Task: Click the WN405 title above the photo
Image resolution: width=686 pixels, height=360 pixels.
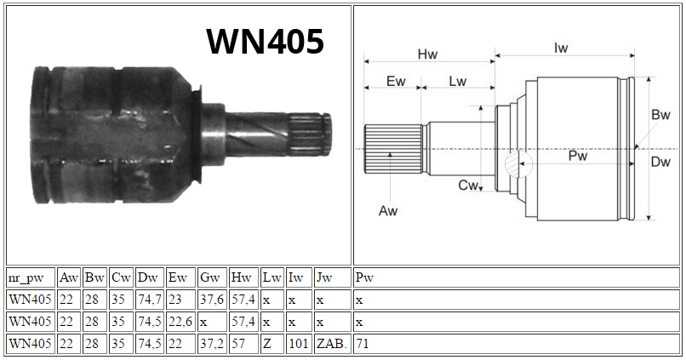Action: [266, 42]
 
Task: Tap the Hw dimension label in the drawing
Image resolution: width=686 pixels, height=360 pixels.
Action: [427, 54]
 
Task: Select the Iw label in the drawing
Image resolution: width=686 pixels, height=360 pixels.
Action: [561, 49]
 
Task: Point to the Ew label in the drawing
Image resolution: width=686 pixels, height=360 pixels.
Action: [396, 82]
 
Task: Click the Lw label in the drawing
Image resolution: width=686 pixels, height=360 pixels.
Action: [458, 82]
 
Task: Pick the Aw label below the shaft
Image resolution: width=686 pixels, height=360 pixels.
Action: [388, 211]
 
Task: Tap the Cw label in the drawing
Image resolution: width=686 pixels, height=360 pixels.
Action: [467, 185]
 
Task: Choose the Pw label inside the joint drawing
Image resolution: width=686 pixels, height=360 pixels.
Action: [578, 156]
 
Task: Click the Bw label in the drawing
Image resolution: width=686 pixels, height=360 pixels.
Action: [660, 115]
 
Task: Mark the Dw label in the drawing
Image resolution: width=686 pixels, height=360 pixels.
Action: [660, 162]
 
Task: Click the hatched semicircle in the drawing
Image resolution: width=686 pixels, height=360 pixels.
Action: [511, 164]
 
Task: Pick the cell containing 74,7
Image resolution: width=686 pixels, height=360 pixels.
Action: [150, 300]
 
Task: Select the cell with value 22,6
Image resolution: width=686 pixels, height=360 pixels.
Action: [180, 322]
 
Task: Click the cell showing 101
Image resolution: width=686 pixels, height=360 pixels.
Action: [299, 343]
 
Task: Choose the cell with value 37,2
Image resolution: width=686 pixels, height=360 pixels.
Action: [212, 343]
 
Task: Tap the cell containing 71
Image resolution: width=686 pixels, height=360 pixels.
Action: [517, 343]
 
